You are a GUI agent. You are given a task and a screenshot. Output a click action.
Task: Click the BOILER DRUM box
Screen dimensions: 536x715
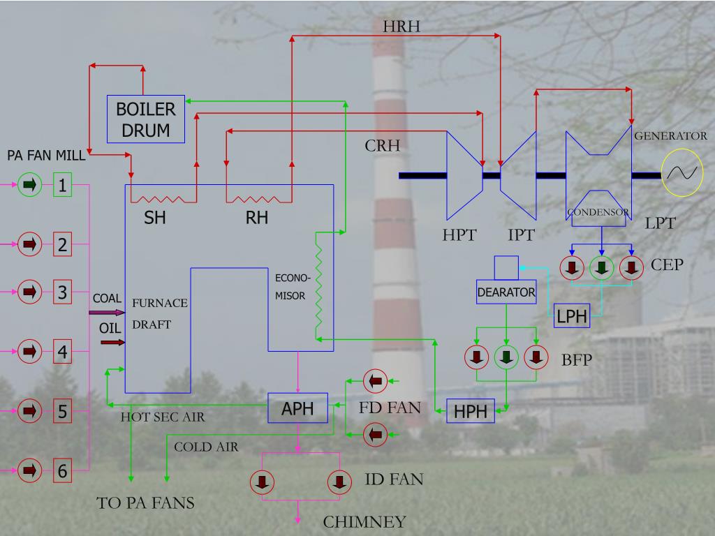pos(145,119)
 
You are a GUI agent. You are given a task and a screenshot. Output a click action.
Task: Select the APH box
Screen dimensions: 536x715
pos(297,408)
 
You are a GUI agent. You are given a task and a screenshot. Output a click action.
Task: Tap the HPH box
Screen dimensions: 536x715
pos(471,411)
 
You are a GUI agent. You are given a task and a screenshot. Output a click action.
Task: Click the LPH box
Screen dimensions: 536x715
pos(572,316)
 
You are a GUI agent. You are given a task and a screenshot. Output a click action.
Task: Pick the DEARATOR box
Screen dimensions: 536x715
pos(506,292)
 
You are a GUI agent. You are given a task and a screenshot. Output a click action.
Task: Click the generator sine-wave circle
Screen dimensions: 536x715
pos(683,173)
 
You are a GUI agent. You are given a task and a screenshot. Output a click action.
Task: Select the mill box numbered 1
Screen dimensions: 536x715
pos(63,185)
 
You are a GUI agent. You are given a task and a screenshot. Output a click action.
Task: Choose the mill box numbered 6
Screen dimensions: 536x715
pos(63,471)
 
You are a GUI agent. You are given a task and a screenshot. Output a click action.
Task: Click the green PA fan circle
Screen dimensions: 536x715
pos(29,185)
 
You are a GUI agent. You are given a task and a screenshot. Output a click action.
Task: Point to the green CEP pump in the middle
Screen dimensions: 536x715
pos(602,267)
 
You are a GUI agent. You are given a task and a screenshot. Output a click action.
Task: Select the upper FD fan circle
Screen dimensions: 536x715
pos(375,381)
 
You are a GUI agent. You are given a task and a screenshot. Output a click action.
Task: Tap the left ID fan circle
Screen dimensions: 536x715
pos(263,481)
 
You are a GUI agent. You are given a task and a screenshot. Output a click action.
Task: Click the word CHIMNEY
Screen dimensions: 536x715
pos(364,522)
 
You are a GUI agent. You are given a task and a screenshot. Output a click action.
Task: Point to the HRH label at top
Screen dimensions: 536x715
pos(401,27)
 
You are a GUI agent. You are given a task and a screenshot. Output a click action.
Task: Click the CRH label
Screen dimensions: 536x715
pos(383,146)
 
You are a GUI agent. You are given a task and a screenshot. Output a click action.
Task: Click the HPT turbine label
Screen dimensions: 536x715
pos(459,235)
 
